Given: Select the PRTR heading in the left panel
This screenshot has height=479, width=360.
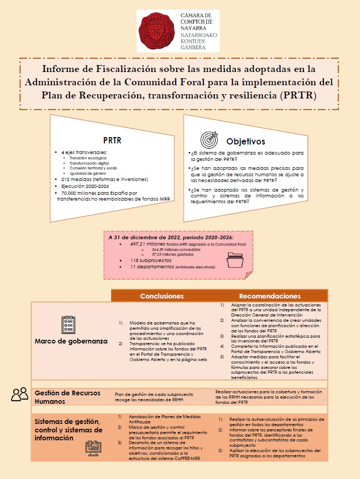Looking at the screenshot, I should point(112,140).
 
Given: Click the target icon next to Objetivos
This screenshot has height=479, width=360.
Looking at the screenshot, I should point(209,140).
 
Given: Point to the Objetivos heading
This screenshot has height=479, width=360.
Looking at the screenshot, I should point(246,141).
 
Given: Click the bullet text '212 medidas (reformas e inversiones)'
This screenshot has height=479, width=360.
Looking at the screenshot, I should point(104,179).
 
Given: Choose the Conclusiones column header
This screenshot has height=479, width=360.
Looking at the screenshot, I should point(161,296).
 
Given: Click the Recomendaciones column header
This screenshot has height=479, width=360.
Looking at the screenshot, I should point(269,296).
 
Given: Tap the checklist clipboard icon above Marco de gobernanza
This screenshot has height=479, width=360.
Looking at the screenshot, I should point(68,324).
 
